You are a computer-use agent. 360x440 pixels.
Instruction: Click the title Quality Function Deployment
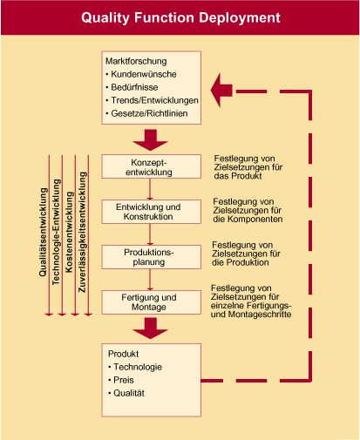click(180, 17)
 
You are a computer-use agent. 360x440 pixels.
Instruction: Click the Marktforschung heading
click(136, 61)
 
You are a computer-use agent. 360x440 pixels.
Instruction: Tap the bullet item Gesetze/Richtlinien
click(146, 113)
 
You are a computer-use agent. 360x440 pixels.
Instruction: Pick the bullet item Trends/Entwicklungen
click(152, 100)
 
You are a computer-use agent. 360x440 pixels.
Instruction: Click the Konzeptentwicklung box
click(151, 166)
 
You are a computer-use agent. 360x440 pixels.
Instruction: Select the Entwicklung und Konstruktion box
click(151, 212)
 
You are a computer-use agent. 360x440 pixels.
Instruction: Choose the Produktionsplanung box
click(151, 257)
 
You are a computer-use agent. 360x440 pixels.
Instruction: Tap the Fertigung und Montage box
click(151, 302)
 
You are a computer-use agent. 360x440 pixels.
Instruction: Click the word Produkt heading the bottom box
click(123, 354)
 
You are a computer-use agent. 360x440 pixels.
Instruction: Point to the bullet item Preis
click(121, 380)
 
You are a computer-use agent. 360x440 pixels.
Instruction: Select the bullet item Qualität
click(126, 393)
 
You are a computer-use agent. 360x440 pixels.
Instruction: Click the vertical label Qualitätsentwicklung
click(43, 232)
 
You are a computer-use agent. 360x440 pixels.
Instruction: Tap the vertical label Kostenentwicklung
click(69, 232)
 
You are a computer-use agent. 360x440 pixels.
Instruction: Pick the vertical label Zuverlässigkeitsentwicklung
click(82, 232)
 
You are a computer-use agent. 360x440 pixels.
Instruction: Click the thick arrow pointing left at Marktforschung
click(221, 91)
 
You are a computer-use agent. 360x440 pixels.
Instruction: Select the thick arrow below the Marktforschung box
click(150, 140)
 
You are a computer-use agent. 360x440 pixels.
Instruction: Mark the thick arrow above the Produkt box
click(150, 328)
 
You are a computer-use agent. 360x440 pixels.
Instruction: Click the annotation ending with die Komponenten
click(248, 211)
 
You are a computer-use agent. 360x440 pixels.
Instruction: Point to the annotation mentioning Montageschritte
click(251, 301)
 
